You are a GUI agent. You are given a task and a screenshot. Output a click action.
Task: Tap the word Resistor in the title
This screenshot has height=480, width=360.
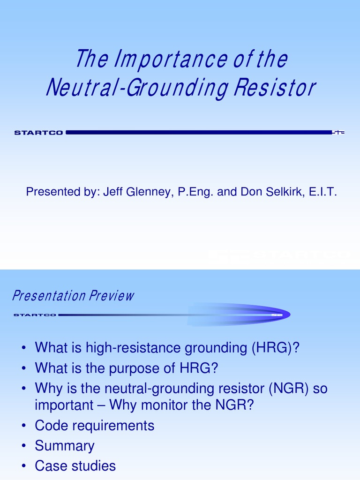[281, 88]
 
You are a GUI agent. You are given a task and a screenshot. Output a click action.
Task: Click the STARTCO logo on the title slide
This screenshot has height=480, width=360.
[39, 133]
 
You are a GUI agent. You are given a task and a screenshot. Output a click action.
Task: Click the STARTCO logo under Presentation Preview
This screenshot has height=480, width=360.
[35, 315]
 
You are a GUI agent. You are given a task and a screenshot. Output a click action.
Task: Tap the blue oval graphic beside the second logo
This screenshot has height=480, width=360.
[239, 314]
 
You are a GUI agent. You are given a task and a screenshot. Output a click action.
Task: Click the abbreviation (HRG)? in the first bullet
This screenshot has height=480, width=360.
[275, 348]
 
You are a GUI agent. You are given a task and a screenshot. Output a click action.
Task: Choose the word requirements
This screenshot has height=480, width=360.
[115, 426]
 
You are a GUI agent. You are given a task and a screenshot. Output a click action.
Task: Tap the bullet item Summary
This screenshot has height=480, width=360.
[65, 446]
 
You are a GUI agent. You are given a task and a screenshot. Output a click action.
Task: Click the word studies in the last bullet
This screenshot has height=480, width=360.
[92, 466]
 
